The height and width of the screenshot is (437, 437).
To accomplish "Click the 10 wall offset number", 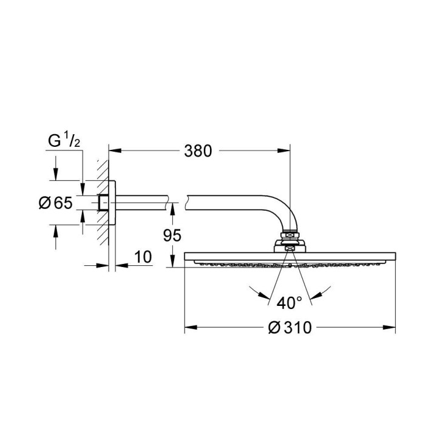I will pyautogui.click(x=143, y=257).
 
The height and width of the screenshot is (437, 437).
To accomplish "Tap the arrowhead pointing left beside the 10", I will pyautogui.click(x=117, y=265).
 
